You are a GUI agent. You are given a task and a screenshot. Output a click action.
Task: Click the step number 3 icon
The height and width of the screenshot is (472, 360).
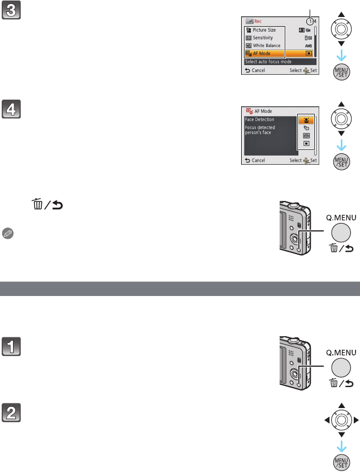11,11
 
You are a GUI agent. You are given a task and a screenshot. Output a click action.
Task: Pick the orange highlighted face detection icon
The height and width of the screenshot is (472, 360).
305,120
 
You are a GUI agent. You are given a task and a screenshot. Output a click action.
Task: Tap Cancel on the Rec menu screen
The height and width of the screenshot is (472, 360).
255,71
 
